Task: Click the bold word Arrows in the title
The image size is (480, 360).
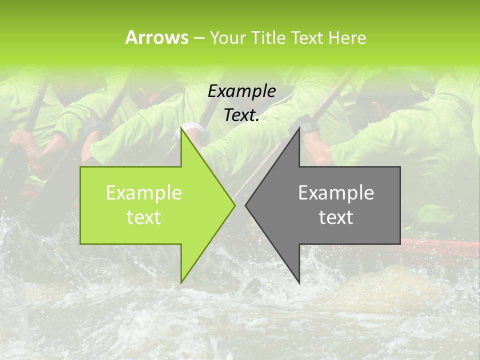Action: coord(157,37)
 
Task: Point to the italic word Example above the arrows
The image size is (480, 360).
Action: coord(241,91)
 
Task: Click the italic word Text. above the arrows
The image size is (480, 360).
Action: coord(241,115)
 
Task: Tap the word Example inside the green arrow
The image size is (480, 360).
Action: coord(144,192)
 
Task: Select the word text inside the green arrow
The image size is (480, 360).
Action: coord(144,217)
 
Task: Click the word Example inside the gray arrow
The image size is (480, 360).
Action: coord(336,192)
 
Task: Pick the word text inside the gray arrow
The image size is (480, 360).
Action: coord(336,217)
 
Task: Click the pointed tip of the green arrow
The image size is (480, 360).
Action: coord(234,205)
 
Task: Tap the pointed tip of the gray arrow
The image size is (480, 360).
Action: coord(246,205)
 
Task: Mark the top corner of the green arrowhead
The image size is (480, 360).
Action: coord(181,128)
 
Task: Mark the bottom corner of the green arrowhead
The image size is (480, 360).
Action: coord(181,282)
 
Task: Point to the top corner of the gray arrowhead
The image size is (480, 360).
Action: coord(299,128)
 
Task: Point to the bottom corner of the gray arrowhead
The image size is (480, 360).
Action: coord(299,282)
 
